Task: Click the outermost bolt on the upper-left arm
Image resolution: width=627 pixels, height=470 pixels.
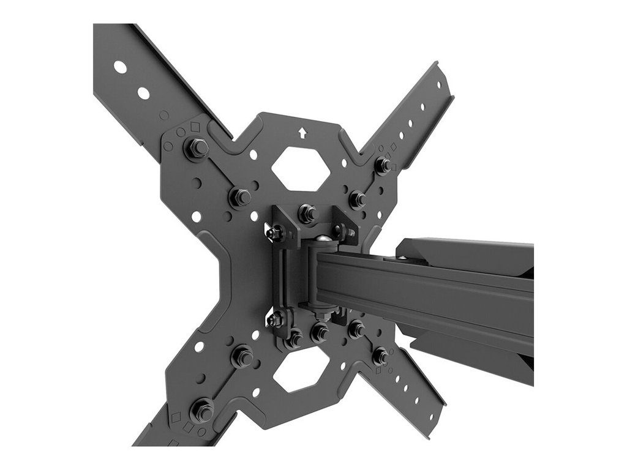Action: click(196, 147)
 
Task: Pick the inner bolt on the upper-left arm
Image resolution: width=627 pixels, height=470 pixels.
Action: click(240, 196)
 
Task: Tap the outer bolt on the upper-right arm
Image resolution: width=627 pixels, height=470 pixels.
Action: click(383, 164)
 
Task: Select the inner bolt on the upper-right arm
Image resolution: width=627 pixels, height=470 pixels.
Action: click(357, 198)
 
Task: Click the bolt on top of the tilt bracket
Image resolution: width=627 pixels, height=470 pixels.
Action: click(307, 212)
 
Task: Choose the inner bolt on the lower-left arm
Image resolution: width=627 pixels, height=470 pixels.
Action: click(242, 355)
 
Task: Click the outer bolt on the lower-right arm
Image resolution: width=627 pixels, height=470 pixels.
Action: click(380, 355)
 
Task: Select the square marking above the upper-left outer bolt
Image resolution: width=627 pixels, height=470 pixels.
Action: click(195, 127)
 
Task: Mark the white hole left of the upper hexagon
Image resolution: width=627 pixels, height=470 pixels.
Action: click(253, 155)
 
